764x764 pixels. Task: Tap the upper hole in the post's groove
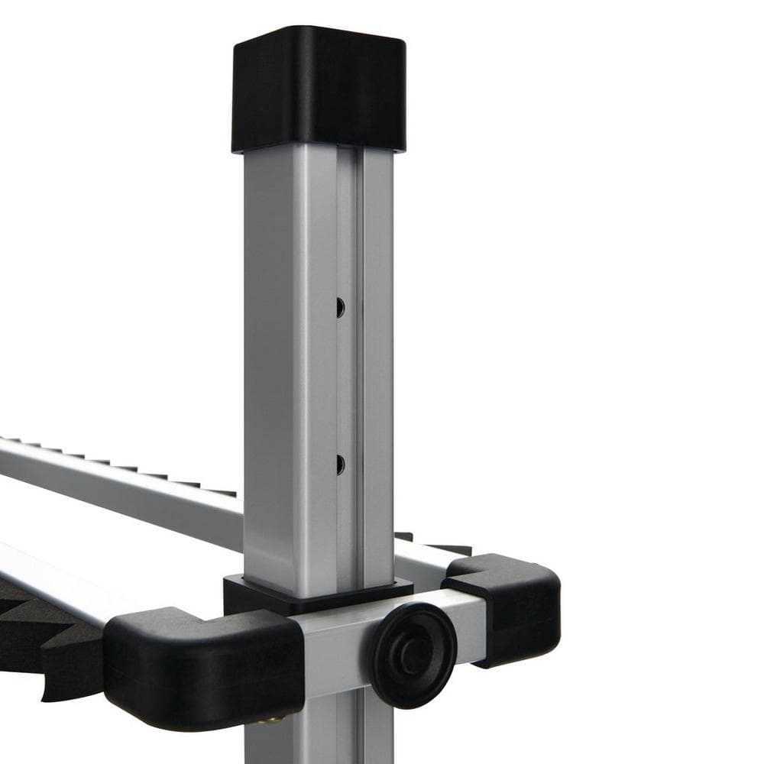click(x=340, y=307)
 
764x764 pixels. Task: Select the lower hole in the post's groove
click(x=340, y=464)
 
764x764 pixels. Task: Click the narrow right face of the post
click(x=378, y=367)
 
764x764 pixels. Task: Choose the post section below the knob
click(x=321, y=733)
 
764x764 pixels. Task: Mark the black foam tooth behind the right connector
click(x=451, y=549)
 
